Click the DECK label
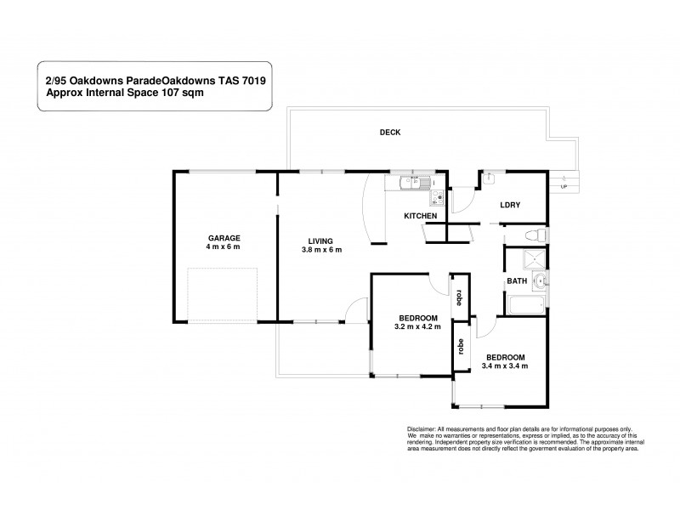coord(389,133)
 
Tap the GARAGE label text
coord(224,238)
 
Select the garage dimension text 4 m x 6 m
coord(224,247)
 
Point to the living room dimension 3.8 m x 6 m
coord(320,250)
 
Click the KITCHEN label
coord(421,217)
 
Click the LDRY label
coord(509,205)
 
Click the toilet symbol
coord(535,235)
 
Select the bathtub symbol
coord(525,303)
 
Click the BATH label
coord(517,280)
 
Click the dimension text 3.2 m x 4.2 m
coord(417,326)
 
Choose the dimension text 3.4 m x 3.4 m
coord(505,366)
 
